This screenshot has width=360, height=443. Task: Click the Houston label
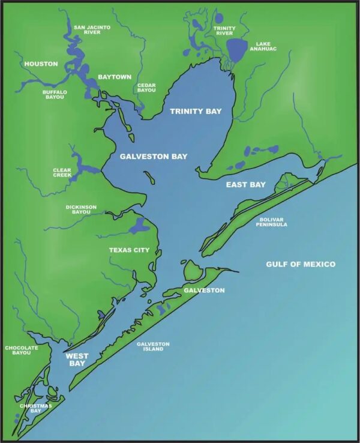41,64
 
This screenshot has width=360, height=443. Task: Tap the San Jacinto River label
92,29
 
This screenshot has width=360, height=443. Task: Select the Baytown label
114,77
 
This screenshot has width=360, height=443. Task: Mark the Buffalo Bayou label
55,94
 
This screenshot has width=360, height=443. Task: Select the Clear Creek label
62,173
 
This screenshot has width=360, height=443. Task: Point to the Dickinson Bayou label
81,209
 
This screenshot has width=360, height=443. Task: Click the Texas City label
129,250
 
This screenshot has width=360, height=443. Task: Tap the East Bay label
242,184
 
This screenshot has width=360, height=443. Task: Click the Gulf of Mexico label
301,264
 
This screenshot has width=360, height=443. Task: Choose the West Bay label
77,360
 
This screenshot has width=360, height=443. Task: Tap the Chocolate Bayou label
21,350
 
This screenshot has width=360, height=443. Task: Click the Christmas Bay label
35,409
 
